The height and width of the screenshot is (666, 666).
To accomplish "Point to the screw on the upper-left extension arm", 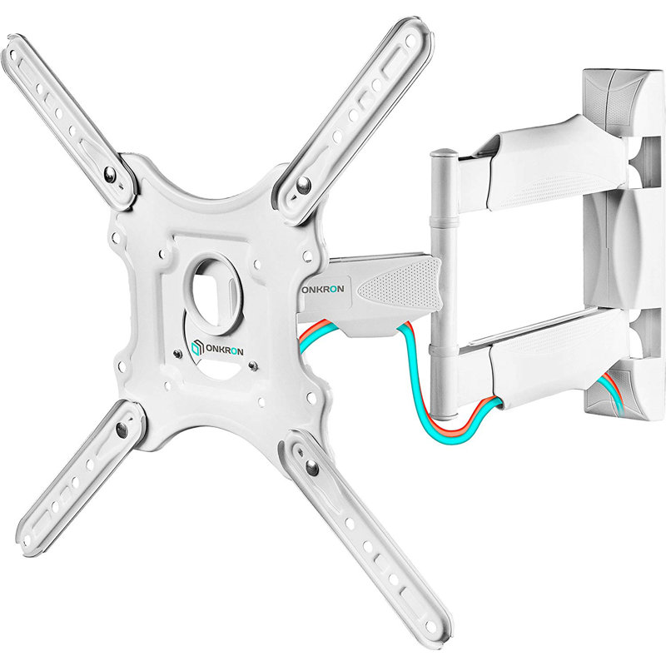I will click(110, 173).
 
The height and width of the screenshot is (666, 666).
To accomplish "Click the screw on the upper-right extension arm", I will click(305, 185).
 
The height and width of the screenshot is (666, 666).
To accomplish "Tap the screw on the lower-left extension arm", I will click(122, 430).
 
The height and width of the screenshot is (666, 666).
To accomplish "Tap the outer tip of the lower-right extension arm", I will click(437, 634).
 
